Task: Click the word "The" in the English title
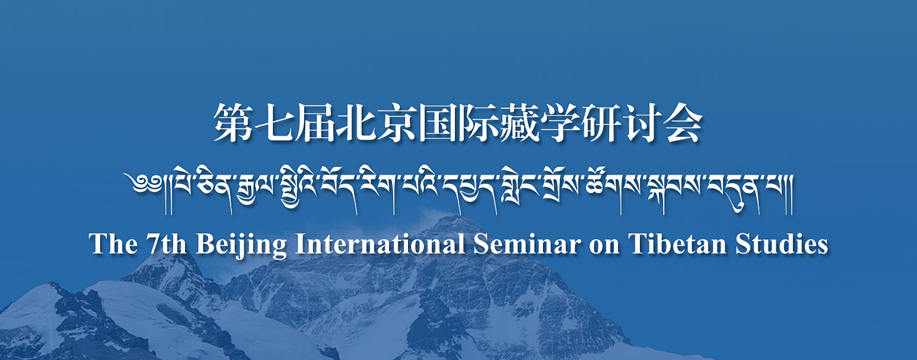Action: pos(114,244)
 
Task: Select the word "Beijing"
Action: pos(241,245)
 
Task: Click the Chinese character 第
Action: pos(233,123)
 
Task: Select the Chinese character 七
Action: pos(274,123)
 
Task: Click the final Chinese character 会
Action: pos(682,123)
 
